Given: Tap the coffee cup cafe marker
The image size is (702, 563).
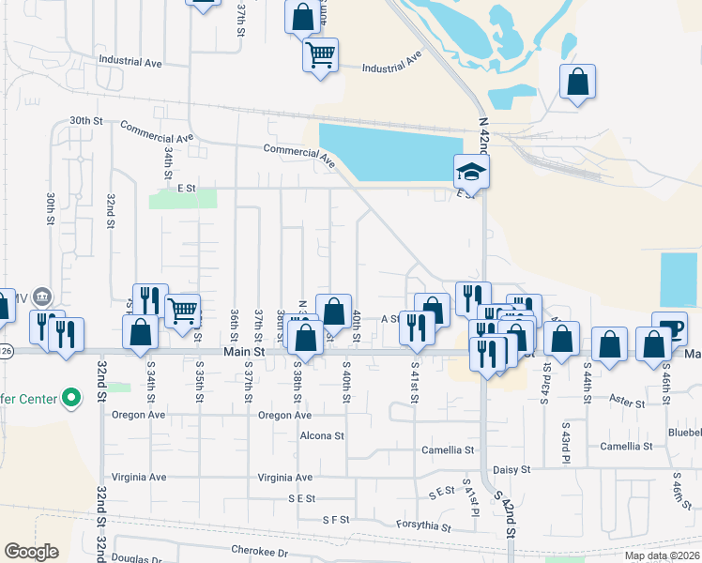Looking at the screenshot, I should [669, 329].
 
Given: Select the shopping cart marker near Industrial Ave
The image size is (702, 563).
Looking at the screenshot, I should [320, 55].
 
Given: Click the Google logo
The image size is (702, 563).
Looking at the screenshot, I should [31, 552].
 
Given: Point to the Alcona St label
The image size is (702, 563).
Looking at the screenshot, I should [322, 436].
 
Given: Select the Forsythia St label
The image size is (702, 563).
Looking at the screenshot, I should [424, 525].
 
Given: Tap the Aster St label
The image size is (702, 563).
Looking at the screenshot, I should [626, 403].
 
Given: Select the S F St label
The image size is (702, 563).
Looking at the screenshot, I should [335, 519].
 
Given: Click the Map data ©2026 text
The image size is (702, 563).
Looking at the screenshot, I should [661, 555].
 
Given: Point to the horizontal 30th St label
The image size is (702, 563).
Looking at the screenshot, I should [85, 121].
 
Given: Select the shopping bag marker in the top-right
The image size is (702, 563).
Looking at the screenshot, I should [577, 82].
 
